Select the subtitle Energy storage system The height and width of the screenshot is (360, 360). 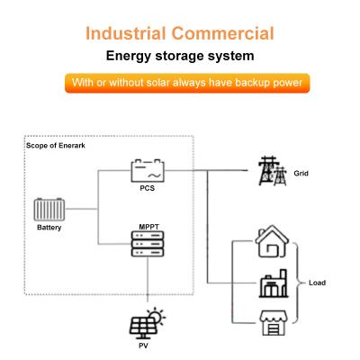pyautogui.click(x=180, y=57)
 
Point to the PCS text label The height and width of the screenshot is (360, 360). pyautogui.click(x=147, y=188)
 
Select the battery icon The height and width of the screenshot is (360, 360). pyautogui.click(x=49, y=210)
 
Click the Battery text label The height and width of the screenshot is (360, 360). pyautogui.click(x=49, y=229)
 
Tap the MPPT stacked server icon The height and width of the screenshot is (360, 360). pyautogui.click(x=147, y=242)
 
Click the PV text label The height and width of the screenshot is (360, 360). pyautogui.click(x=142, y=346)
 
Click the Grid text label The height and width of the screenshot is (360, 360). pyautogui.click(x=301, y=172)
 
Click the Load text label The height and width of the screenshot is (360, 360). pyautogui.click(x=317, y=283)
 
